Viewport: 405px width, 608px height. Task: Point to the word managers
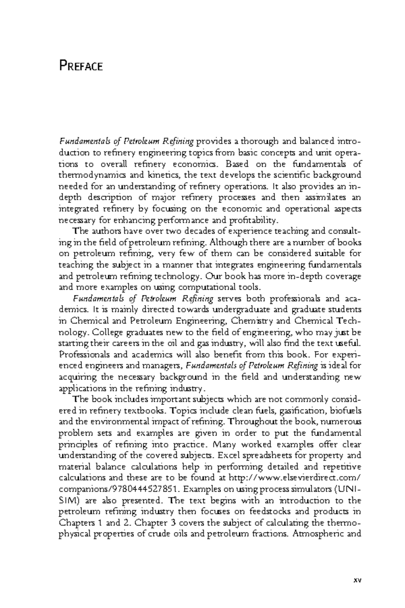click(x=166, y=366)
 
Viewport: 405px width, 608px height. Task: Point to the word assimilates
click(x=325, y=198)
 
